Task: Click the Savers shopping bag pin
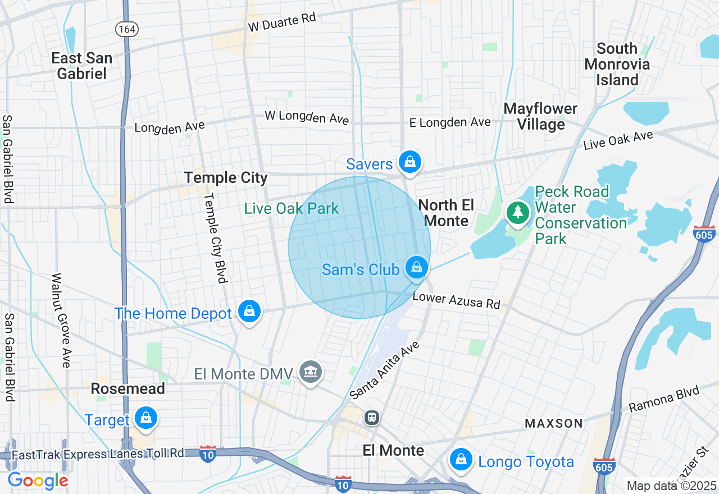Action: tap(410, 163)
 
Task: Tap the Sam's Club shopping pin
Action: tap(416, 267)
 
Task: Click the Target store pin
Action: tap(145, 418)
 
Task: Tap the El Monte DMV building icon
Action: tap(311, 372)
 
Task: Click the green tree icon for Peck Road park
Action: tap(517, 212)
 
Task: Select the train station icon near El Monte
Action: tap(371, 418)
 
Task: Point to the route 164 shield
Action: tap(126, 29)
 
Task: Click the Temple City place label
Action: tap(226, 178)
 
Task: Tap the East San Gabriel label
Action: tap(82, 66)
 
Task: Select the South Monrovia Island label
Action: tap(617, 64)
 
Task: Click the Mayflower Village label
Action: tap(540, 116)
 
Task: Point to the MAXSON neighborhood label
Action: tap(554, 423)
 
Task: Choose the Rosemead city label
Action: tap(128, 388)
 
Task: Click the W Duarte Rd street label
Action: tap(282, 22)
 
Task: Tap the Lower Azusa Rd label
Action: tap(456, 300)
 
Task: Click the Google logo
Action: tap(38, 481)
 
